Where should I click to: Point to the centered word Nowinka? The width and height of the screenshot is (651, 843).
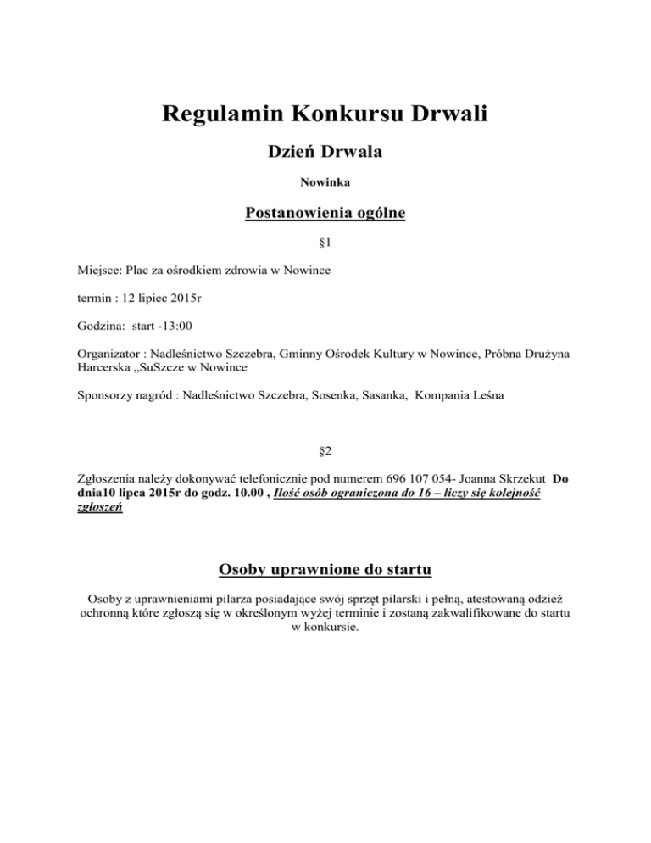click(x=325, y=181)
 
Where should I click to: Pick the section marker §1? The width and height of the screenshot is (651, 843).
click(x=325, y=243)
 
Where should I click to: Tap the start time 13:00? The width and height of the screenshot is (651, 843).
click(x=177, y=325)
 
